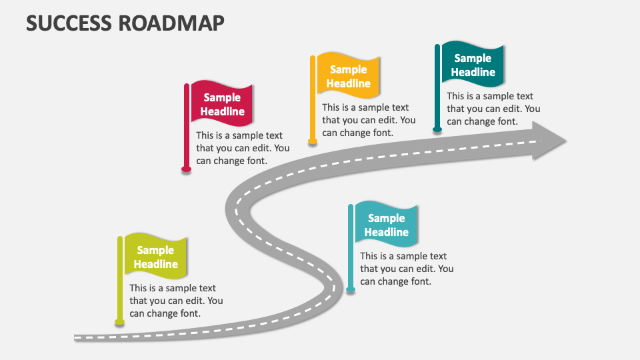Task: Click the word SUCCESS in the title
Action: click(x=69, y=23)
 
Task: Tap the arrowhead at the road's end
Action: click(x=549, y=141)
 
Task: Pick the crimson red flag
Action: click(x=223, y=104)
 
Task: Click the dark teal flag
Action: click(x=473, y=65)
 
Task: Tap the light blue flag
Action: click(x=386, y=225)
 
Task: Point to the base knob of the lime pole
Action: click(x=120, y=322)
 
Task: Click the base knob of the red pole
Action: click(x=187, y=169)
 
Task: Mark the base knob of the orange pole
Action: click(x=312, y=141)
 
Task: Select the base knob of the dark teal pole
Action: click(x=437, y=129)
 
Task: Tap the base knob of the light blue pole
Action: click(x=351, y=289)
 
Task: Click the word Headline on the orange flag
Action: click(x=348, y=84)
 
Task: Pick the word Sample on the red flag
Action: click(x=222, y=97)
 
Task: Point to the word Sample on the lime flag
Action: click(x=155, y=250)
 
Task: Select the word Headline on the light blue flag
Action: click(x=386, y=233)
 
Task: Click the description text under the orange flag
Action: click(x=369, y=120)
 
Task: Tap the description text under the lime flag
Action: click(x=176, y=301)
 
